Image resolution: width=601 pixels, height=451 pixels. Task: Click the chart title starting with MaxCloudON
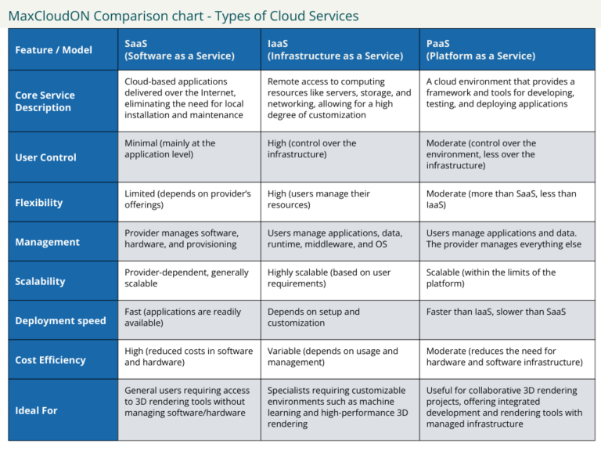pyautogui.click(x=183, y=16)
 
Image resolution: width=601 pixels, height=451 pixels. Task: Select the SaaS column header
pyautogui.click(x=179, y=49)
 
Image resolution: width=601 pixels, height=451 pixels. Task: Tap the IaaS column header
pyautogui.click(x=335, y=49)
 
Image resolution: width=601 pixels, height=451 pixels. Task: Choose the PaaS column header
pyautogui.click(x=480, y=49)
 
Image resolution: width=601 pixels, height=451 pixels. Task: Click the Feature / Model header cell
pyautogui.click(x=53, y=50)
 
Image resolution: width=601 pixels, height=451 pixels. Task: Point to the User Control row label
pyautogui.click(x=45, y=157)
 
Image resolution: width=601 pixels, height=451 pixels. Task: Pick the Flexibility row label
pyautogui.click(x=39, y=203)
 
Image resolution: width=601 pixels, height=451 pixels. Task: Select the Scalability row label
pyautogui.click(x=40, y=281)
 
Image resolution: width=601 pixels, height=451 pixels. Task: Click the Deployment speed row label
pyautogui.click(x=60, y=321)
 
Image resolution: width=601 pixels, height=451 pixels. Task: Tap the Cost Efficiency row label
pyautogui.click(x=50, y=360)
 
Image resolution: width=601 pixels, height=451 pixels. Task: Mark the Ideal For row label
pyautogui.click(x=36, y=410)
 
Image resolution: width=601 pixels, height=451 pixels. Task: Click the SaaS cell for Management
pyautogui.click(x=181, y=239)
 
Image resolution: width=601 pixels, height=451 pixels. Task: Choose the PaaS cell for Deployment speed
pyautogui.click(x=495, y=312)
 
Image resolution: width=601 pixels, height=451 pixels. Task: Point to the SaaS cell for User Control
pyautogui.click(x=170, y=149)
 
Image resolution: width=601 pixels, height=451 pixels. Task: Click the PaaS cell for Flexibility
pyautogui.click(x=501, y=199)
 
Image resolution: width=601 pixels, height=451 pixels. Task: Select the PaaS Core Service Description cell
pyautogui.click(x=501, y=92)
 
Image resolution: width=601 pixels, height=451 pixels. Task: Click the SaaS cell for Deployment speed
pyautogui.click(x=182, y=317)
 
